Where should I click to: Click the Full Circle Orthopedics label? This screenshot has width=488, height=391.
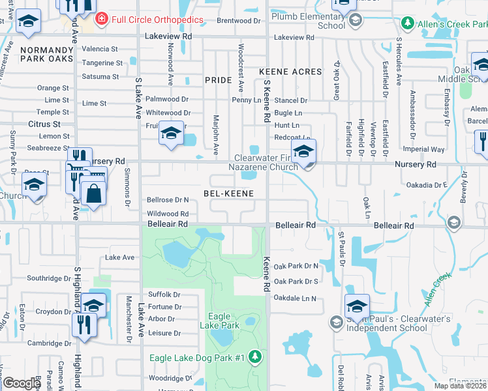[157, 19]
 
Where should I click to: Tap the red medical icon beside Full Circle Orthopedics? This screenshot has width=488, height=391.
[101, 19]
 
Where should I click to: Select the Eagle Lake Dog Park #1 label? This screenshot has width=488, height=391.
[196, 358]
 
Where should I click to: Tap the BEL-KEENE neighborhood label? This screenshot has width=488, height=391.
[228, 194]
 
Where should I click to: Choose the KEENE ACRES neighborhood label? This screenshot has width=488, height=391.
[290, 72]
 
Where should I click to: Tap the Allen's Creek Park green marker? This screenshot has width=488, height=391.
[408, 23]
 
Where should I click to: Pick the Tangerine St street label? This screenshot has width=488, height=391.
[102, 63]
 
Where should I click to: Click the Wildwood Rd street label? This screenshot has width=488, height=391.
[168, 214]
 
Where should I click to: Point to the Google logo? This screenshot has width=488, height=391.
[22, 384]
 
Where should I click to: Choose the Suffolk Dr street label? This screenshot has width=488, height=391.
[164, 295]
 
